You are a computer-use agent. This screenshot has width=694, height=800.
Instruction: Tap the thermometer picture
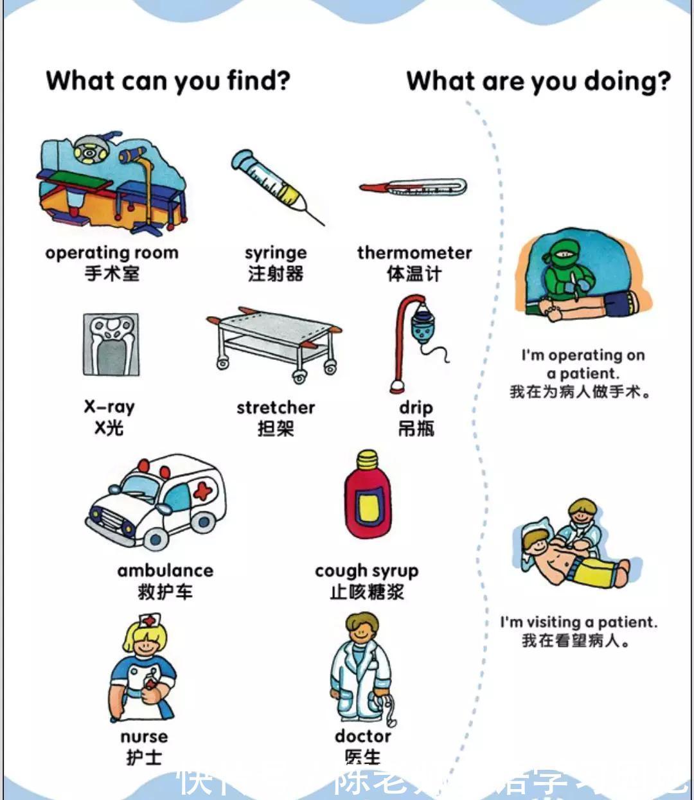coord(413,188)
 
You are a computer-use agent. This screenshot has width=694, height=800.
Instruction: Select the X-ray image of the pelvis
coord(111,344)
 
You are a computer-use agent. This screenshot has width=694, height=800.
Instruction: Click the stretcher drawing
coord(275,341)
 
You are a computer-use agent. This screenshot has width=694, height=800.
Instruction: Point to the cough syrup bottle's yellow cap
coord(367,459)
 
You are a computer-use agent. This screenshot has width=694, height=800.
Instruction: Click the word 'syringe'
coord(275,253)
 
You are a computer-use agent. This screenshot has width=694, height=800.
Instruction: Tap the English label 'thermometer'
coord(414,253)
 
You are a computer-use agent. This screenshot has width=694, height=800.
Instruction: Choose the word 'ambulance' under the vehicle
coord(165,570)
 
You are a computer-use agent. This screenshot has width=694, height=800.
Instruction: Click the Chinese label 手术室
coord(112,274)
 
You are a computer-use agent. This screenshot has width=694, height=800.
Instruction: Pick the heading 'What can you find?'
coord(168,81)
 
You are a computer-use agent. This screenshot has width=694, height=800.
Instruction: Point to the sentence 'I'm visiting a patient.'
coord(578,621)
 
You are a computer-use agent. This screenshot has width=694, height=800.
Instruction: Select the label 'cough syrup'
coord(366,571)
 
